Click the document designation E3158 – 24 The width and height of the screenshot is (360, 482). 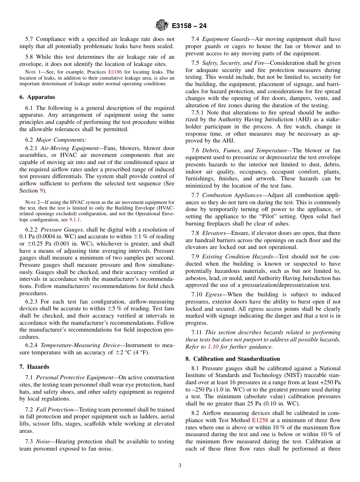coord(189,26)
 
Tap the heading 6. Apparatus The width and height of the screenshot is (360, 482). coord(37,97)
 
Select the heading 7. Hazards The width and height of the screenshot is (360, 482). coord(34,367)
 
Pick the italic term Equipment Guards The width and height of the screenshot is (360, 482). coord(226,39)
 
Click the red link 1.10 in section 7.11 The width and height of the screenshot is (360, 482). coord(213,346)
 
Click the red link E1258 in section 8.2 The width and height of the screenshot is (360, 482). coord(260,420)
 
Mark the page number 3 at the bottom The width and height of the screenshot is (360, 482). coord(180,466)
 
